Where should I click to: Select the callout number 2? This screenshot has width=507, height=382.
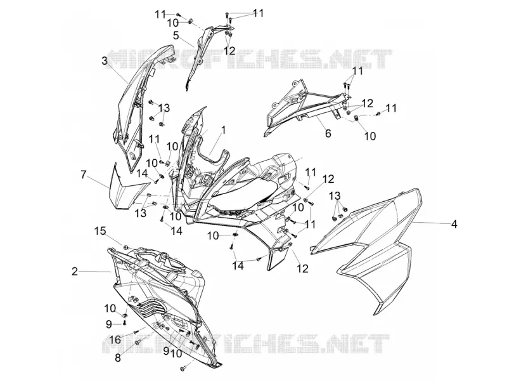[x=75, y=272]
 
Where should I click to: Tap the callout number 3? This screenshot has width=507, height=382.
[x=105, y=61]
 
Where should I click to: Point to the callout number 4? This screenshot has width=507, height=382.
[x=454, y=224]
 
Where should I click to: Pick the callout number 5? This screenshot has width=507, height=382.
[x=176, y=36]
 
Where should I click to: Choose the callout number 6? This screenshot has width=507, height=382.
[x=328, y=133]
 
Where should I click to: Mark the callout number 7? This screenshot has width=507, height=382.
[x=84, y=175]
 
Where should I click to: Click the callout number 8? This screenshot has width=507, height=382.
[x=118, y=358]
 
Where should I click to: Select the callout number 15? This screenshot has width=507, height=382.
[x=100, y=231]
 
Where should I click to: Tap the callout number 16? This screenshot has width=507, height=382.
[x=115, y=339]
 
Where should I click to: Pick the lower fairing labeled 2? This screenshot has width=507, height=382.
[x=162, y=291]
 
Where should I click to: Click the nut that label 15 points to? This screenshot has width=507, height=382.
[x=125, y=247]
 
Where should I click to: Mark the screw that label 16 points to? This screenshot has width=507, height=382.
[x=136, y=331]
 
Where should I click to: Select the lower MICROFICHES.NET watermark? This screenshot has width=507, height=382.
[x=246, y=343]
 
